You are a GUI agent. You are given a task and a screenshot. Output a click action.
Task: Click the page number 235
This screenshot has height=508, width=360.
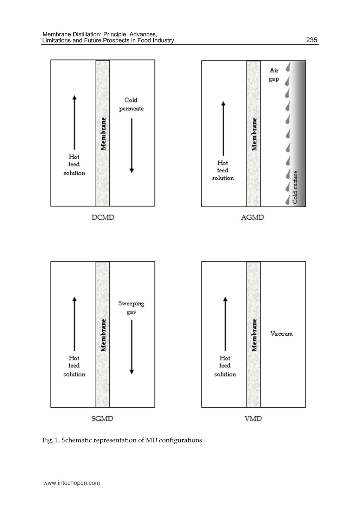(311, 40)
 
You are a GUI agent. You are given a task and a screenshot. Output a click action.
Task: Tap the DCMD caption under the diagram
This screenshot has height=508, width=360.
(103, 217)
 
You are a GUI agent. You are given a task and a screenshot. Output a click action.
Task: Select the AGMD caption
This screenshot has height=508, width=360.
(252, 217)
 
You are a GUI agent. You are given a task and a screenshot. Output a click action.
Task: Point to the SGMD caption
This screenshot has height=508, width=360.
(102, 418)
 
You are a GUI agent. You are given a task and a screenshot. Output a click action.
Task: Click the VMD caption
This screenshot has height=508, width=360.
(253, 418)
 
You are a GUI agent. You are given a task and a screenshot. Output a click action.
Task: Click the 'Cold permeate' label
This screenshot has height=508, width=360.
(131, 104)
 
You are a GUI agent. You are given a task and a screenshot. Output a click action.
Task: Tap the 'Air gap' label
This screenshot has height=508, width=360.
(274, 75)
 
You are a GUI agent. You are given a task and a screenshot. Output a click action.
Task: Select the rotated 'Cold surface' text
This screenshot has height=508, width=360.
(295, 187)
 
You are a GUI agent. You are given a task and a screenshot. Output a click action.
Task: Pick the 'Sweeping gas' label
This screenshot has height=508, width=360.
(131, 307)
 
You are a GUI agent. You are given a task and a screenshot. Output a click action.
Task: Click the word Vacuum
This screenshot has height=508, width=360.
(282, 334)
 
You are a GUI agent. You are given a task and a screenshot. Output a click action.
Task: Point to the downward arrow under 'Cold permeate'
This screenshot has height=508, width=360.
(131, 145)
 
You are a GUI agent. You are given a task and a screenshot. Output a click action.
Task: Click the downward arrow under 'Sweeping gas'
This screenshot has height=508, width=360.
(131, 347)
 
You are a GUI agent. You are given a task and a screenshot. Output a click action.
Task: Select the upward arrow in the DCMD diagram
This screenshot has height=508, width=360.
(75, 122)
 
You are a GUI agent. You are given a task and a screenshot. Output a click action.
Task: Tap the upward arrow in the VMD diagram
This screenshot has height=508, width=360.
(225, 324)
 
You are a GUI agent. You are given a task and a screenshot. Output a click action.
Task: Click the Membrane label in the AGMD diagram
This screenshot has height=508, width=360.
(254, 134)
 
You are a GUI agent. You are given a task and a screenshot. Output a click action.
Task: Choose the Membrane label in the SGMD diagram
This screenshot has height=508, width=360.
(103, 335)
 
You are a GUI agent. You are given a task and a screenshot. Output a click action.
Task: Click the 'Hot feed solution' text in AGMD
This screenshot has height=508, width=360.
(223, 171)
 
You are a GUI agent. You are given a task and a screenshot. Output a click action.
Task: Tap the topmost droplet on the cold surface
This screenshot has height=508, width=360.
(288, 67)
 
